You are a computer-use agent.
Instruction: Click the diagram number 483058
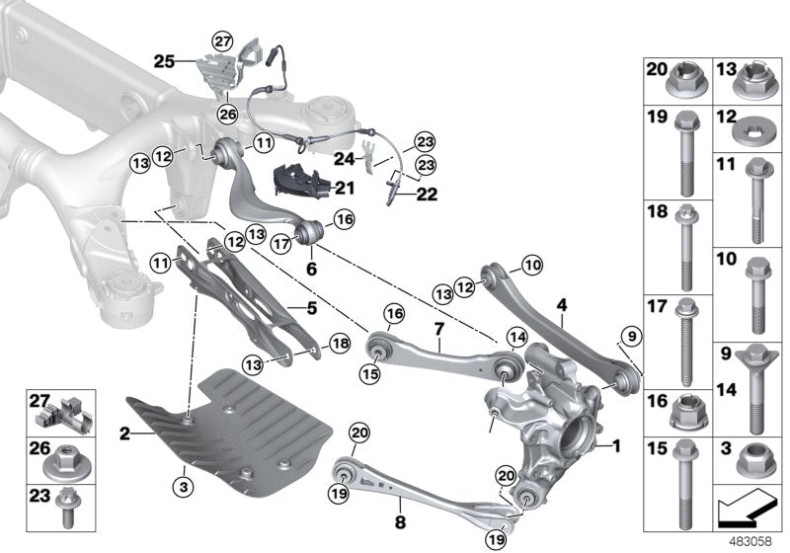752,540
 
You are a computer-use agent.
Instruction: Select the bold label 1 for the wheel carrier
617,446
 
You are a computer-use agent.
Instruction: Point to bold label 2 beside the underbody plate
123,432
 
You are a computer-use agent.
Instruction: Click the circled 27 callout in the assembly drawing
222,40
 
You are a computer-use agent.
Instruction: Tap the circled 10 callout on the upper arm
532,265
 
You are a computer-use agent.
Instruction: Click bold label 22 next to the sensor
426,195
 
